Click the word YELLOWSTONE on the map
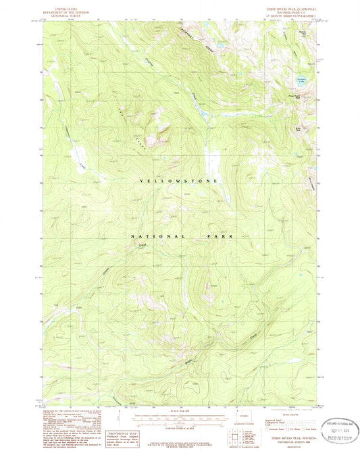coord(179,182)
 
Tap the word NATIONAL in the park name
coord(159,237)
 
